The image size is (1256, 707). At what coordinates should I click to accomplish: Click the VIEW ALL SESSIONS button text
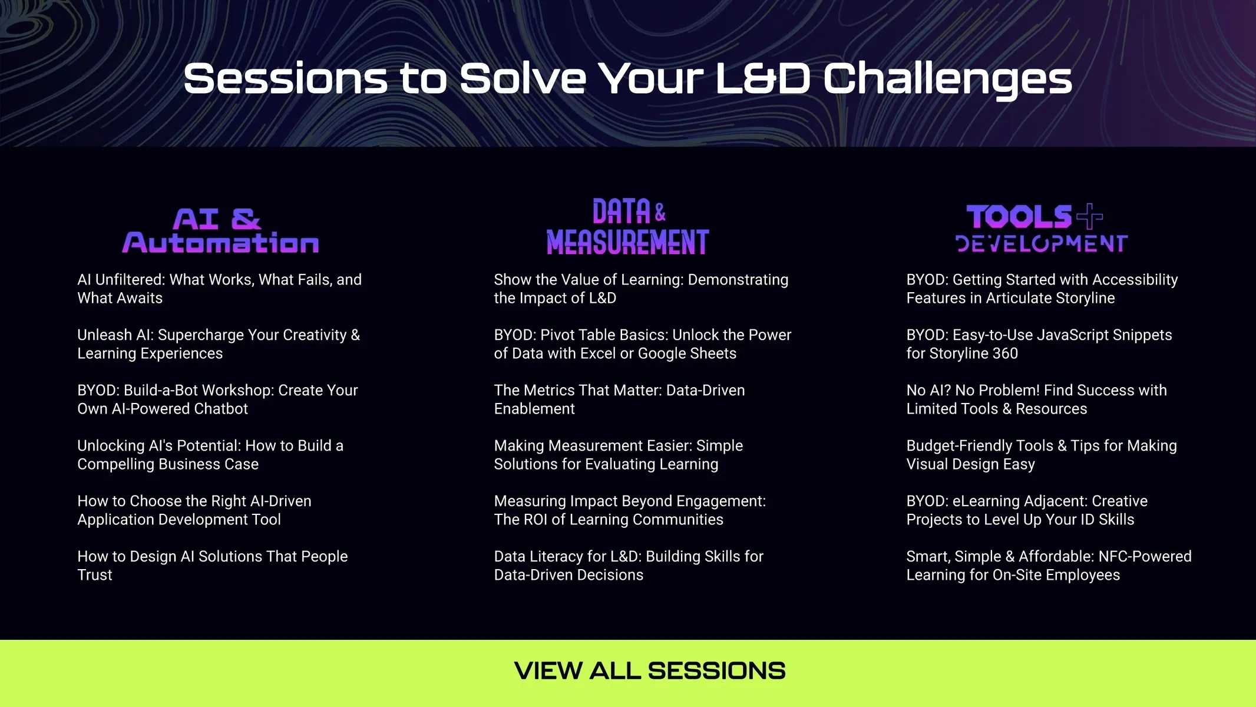[650, 670]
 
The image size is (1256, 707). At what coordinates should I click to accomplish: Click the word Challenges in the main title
[947, 80]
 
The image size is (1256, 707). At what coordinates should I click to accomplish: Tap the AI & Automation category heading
[220, 230]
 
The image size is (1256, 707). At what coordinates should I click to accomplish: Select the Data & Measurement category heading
[628, 226]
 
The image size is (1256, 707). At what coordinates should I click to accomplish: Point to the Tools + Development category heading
[1042, 228]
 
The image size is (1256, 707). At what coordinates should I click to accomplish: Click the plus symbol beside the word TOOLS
[1089, 216]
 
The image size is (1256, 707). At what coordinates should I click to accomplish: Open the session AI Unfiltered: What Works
[219, 289]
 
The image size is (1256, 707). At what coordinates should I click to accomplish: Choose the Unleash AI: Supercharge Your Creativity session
[219, 344]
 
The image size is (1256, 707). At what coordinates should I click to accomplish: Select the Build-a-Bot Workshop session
[217, 399]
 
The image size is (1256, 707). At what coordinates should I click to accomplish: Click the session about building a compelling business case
[210, 455]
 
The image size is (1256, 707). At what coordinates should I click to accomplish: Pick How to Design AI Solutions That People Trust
[213, 566]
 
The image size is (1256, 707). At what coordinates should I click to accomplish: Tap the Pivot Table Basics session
[643, 344]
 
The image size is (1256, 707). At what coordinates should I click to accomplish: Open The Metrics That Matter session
[619, 399]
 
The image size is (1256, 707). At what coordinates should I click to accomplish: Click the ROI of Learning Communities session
[630, 510]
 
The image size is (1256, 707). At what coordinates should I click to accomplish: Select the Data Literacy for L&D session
[629, 566]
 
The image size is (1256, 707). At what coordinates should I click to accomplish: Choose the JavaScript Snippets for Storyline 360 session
[1039, 344]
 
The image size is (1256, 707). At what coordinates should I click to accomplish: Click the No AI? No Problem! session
[1036, 399]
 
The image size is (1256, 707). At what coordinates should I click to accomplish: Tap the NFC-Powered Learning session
[1049, 566]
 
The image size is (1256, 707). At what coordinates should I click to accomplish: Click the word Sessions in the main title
[286, 79]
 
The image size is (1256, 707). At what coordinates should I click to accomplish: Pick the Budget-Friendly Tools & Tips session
[1042, 455]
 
